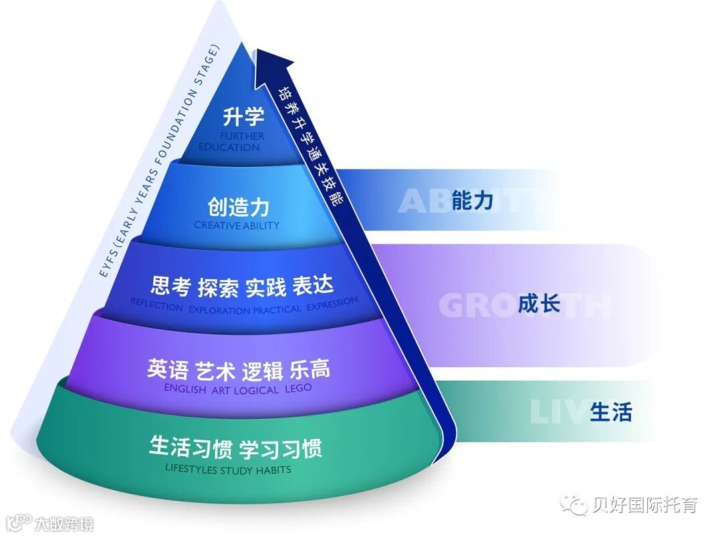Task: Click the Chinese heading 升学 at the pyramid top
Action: tap(243, 117)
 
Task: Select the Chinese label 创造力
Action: tap(238, 207)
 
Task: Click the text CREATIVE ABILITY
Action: tap(237, 225)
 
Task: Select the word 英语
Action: tap(167, 369)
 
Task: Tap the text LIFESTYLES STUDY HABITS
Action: tap(228, 469)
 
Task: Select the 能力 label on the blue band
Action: tap(472, 200)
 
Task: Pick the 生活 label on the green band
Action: tap(610, 411)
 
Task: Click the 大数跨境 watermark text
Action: tap(64, 522)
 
